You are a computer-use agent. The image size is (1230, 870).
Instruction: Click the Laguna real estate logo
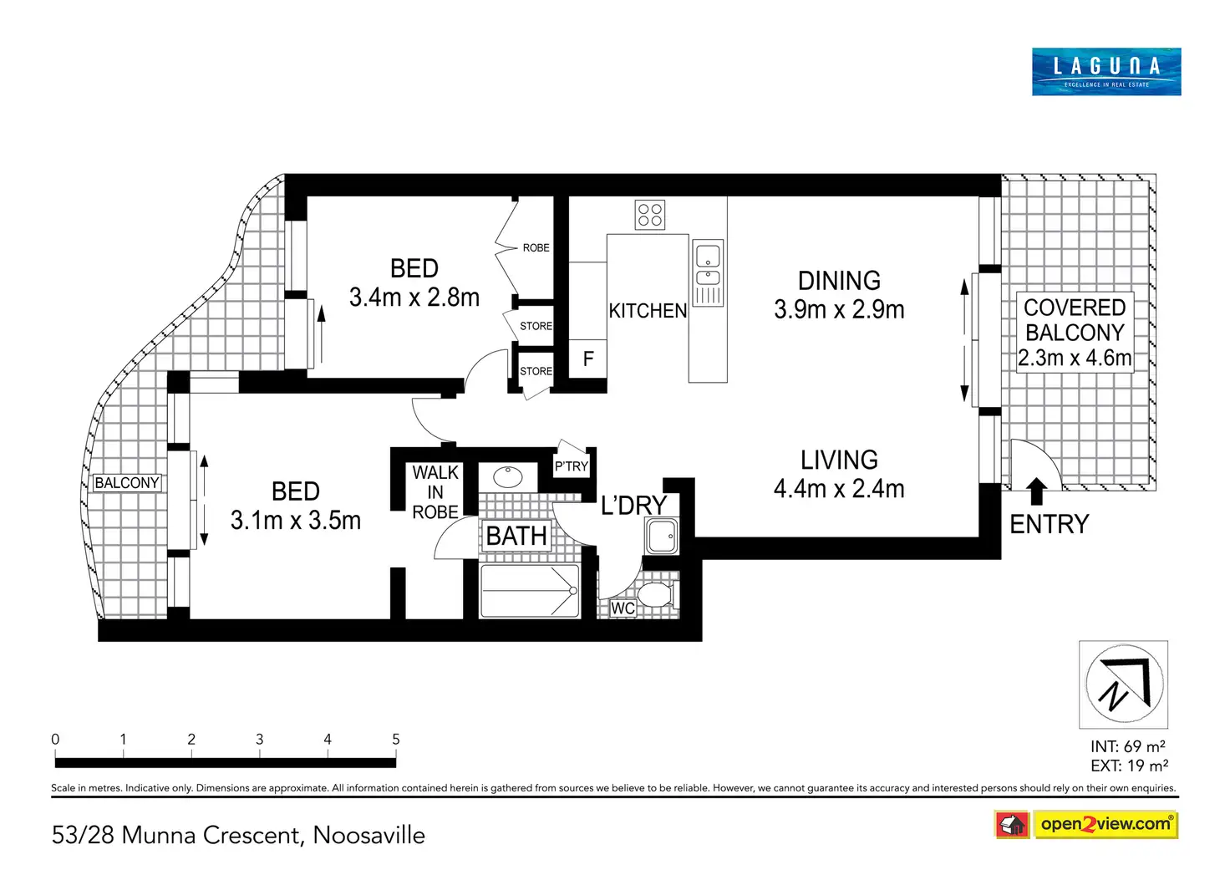[1105, 72]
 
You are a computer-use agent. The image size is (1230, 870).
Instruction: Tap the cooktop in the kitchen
[649, 214]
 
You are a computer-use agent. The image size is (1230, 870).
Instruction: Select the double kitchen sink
[708, 272]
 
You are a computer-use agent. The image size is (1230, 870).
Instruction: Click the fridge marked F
[587, 359]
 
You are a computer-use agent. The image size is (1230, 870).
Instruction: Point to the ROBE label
[536, 247]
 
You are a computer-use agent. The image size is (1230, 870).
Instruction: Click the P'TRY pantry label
[571, 466]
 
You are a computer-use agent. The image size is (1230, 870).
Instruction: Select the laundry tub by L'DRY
[663, 536]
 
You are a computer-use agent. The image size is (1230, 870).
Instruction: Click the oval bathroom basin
[507, 476]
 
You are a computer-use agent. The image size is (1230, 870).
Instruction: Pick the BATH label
[516, 536]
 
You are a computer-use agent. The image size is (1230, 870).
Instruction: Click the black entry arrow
[1035, 491]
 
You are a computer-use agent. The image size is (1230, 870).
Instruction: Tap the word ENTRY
[1049, 524]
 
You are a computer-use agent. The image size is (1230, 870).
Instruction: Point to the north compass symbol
[1124, 684]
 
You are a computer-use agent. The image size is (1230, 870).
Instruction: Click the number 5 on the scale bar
[396, 740]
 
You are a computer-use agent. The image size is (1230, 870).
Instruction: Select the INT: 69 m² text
[1128, 746]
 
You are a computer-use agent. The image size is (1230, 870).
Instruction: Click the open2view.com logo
[1105, 824]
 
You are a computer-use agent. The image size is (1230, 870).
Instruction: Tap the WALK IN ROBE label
[435, 492]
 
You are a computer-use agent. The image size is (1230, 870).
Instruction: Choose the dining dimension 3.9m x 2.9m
[839, 310]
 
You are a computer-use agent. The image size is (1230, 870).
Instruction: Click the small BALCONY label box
[127, 483]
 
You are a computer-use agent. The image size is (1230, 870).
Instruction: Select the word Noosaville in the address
[369, 836]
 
